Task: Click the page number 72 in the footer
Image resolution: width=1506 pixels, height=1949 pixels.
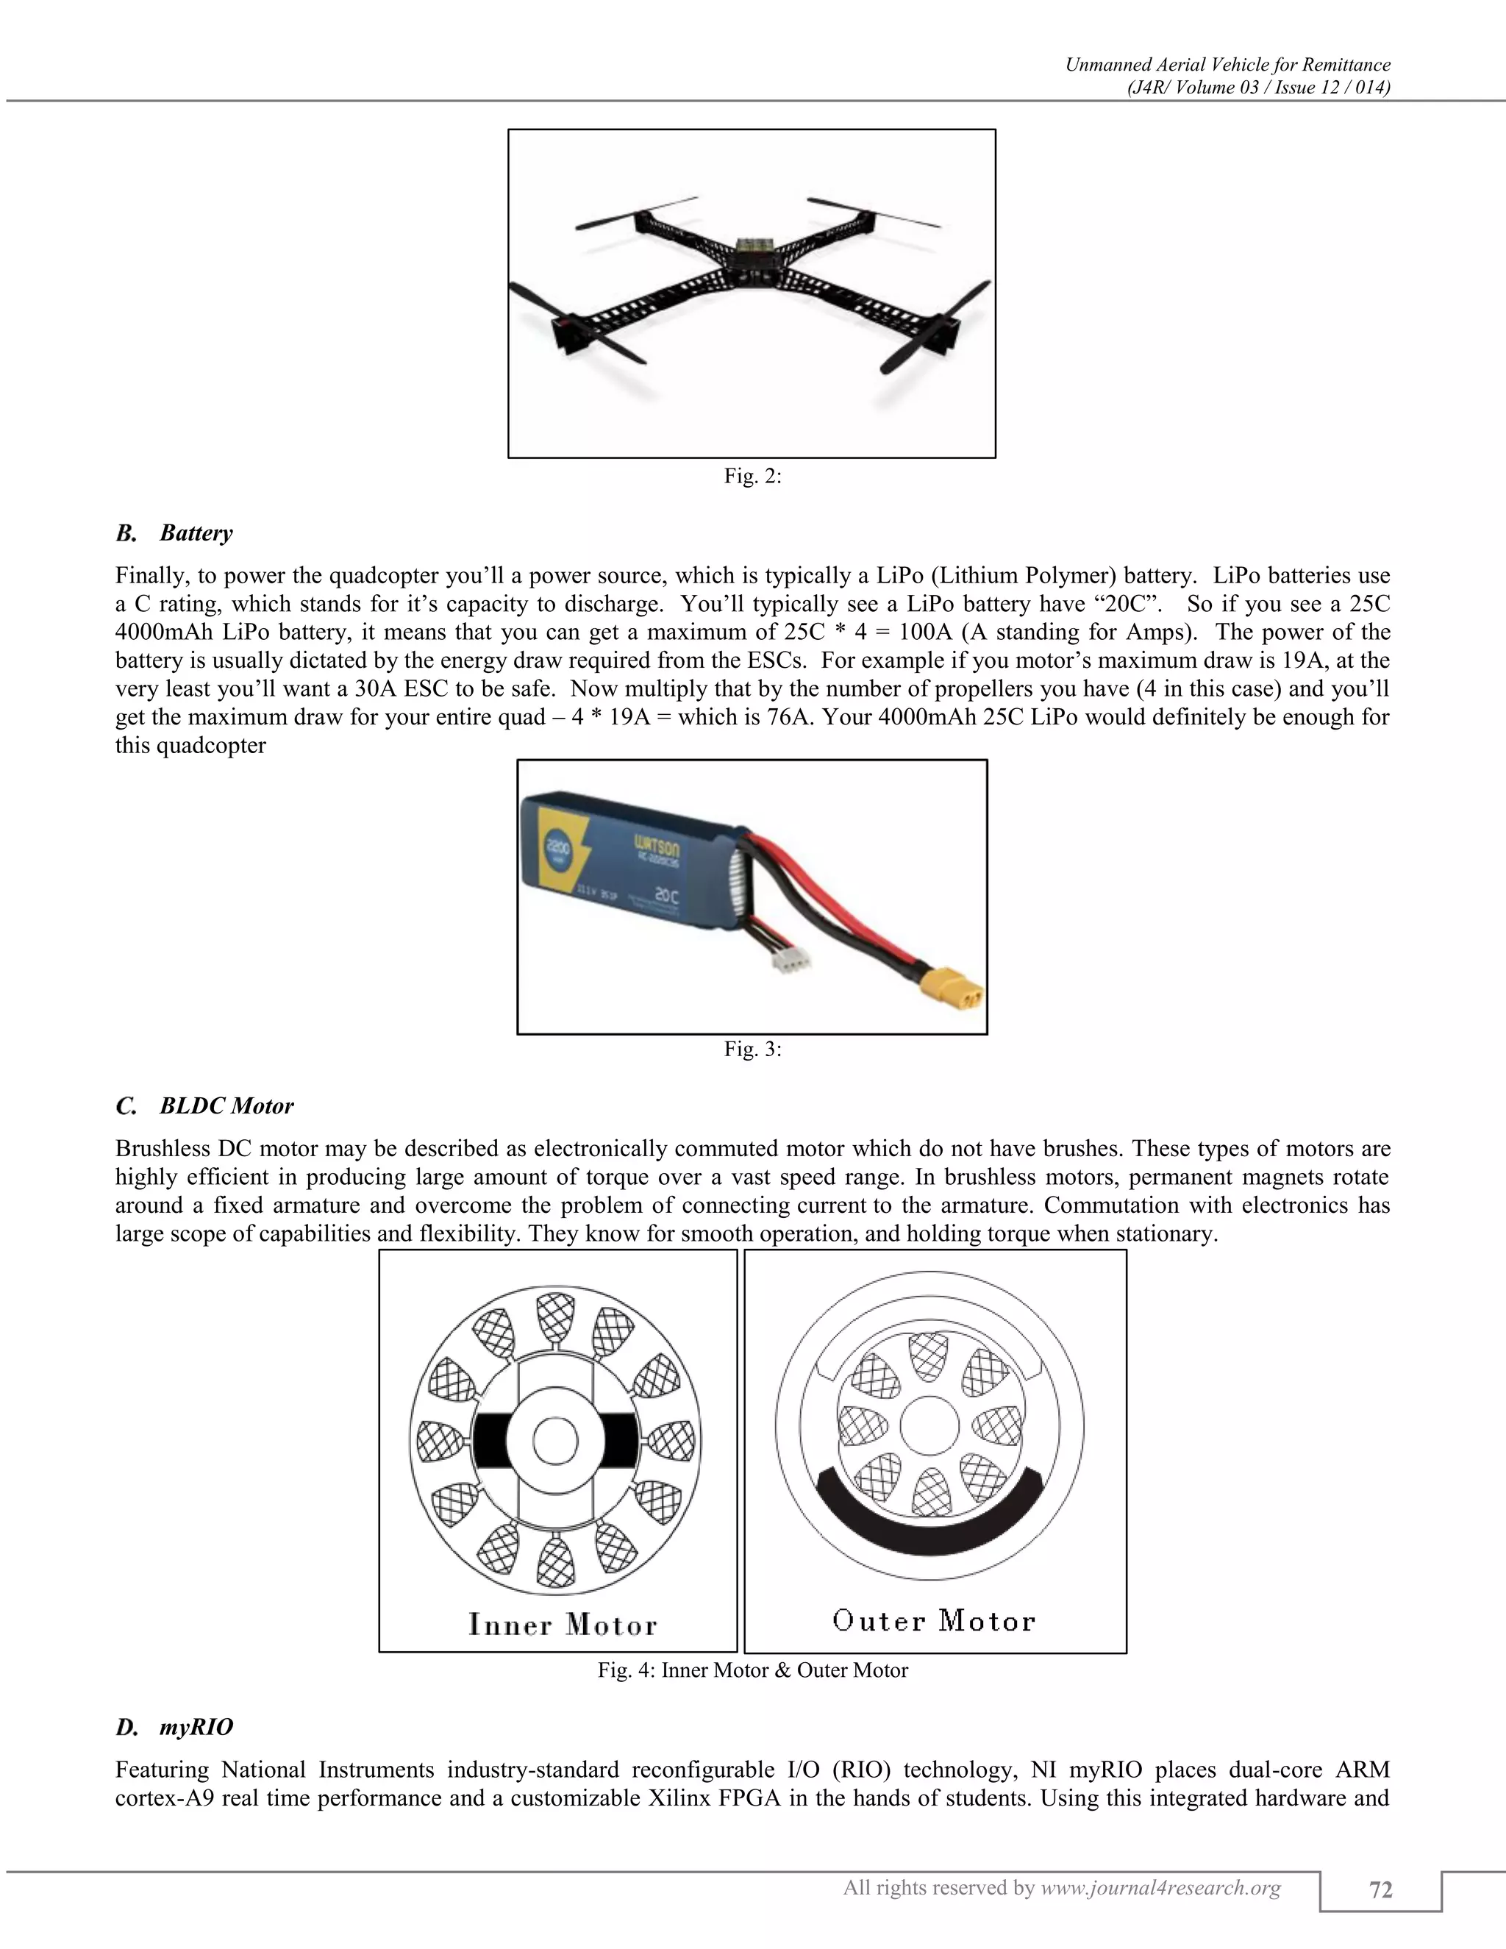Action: click(x=1380, y=1890)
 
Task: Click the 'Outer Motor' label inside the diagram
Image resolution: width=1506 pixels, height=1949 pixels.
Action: click(x=934, y=1620)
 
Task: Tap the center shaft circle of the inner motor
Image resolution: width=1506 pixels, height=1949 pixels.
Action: click(x=555, y=1440)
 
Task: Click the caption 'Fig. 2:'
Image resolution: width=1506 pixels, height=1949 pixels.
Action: click(x=752, y=477)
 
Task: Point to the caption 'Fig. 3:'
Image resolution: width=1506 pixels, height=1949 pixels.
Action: click(x=752, y=1050)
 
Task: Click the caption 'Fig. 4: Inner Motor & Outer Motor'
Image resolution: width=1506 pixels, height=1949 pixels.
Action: click(x=752, y=1670)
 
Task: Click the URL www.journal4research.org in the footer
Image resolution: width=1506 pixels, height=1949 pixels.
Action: click(x=1160, y=1887)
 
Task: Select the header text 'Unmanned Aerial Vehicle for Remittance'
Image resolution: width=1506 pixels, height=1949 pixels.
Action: click(x=1227, y=64)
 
